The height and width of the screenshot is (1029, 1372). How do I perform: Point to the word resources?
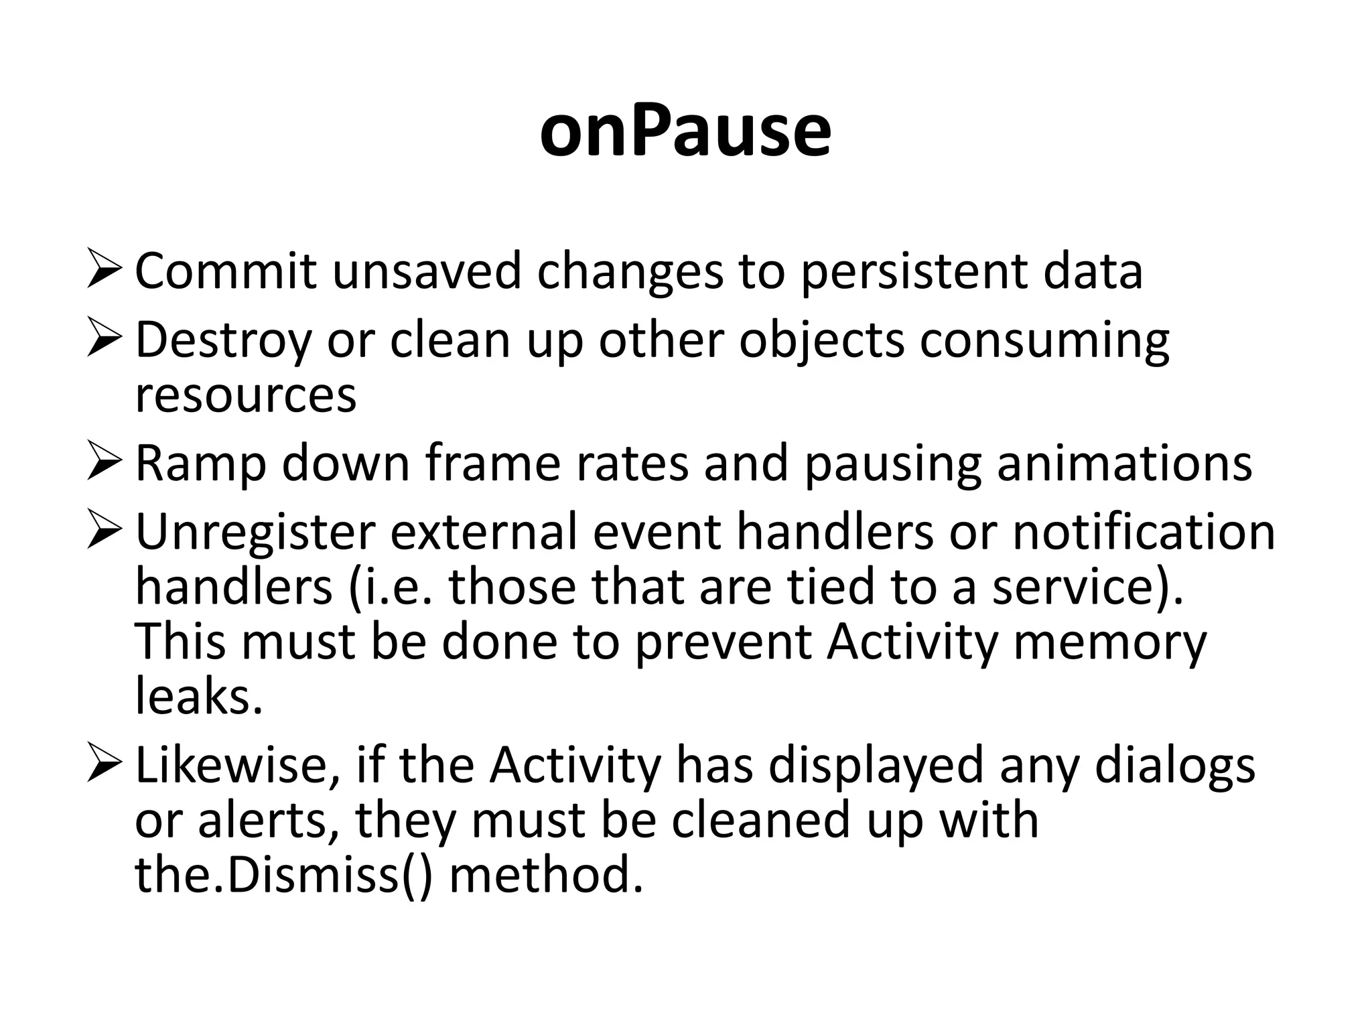246,395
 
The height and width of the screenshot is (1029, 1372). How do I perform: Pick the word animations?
1124,464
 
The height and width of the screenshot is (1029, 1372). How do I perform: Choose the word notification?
1143,531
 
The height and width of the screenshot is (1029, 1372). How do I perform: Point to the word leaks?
198,697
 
